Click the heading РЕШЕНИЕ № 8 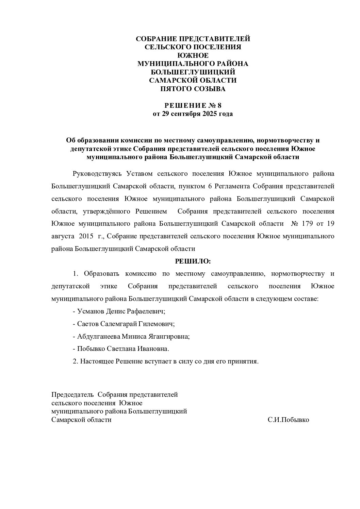click(193, 105)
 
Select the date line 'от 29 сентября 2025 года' click(193, 114)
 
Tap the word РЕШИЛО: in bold click(193, 261)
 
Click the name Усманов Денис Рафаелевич click(121, 311)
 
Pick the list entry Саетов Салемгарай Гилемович click(126, 324)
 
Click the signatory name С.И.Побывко click(288, 420)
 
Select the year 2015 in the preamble click(86, 236)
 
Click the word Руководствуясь click(97, 174)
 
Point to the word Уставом click(140, 174)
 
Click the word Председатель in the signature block click(72, 395)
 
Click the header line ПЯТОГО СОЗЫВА click(193, 89)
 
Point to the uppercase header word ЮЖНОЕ click(193, 55)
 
